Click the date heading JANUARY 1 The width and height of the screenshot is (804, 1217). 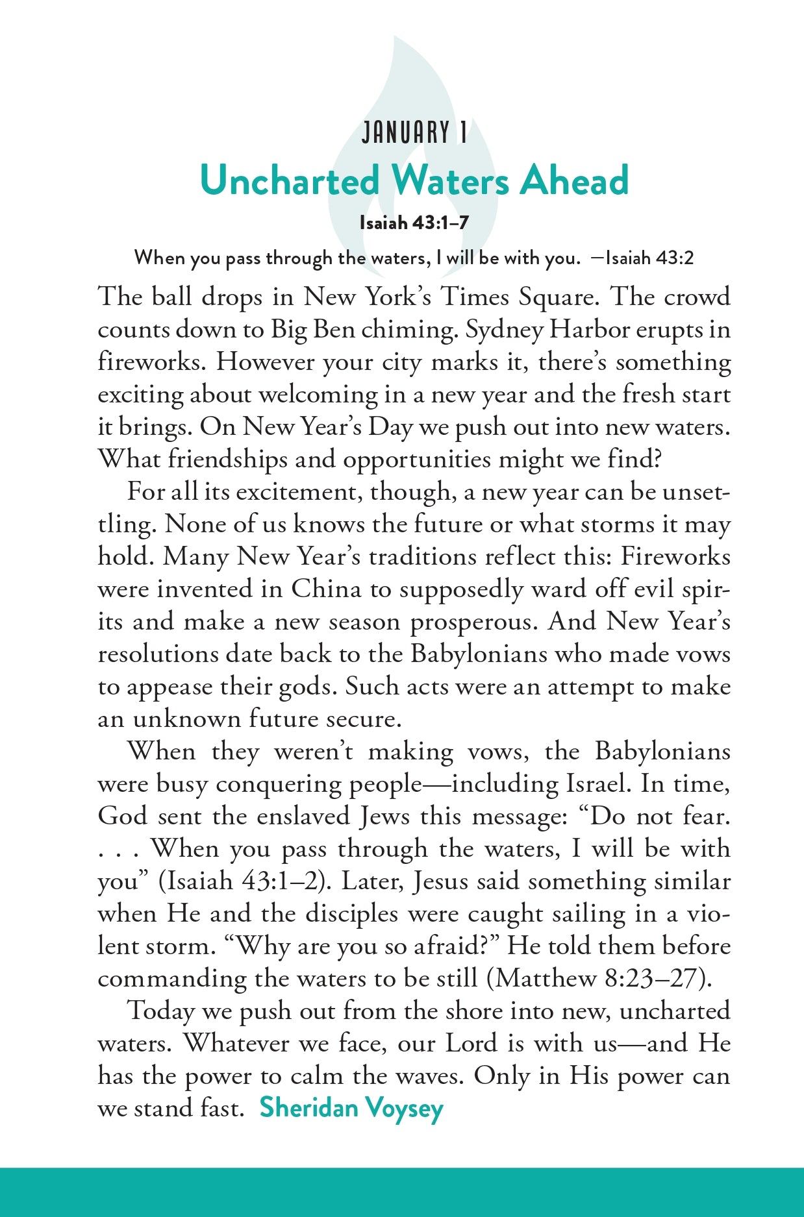click(414, 133)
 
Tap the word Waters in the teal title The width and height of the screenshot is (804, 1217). click(452, 180)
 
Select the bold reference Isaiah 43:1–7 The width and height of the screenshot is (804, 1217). click(414, 223)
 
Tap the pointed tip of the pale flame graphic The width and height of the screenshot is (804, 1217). click(395, 38)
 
